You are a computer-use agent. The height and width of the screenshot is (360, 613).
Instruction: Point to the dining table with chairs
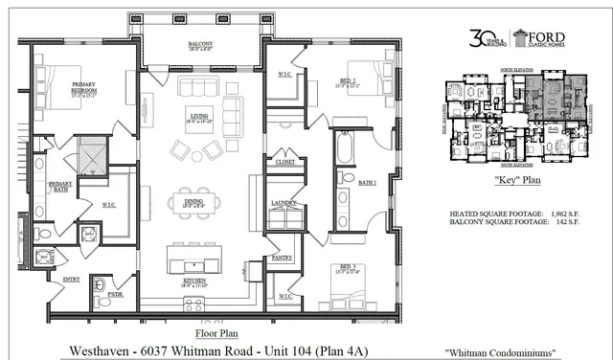pyautogui.click(x=193, y=201)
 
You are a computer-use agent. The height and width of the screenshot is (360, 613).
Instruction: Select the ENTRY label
pyautogui.click(x=71, y=280)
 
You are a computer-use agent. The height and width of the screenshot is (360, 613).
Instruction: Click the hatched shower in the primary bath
pyautogui.click(x=92, y=153)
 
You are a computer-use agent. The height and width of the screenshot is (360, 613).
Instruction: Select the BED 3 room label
pyautogui.click(x=342, y=269)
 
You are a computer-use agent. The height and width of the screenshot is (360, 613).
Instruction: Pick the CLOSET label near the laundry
pyautogui.click(x=284, y=162)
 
